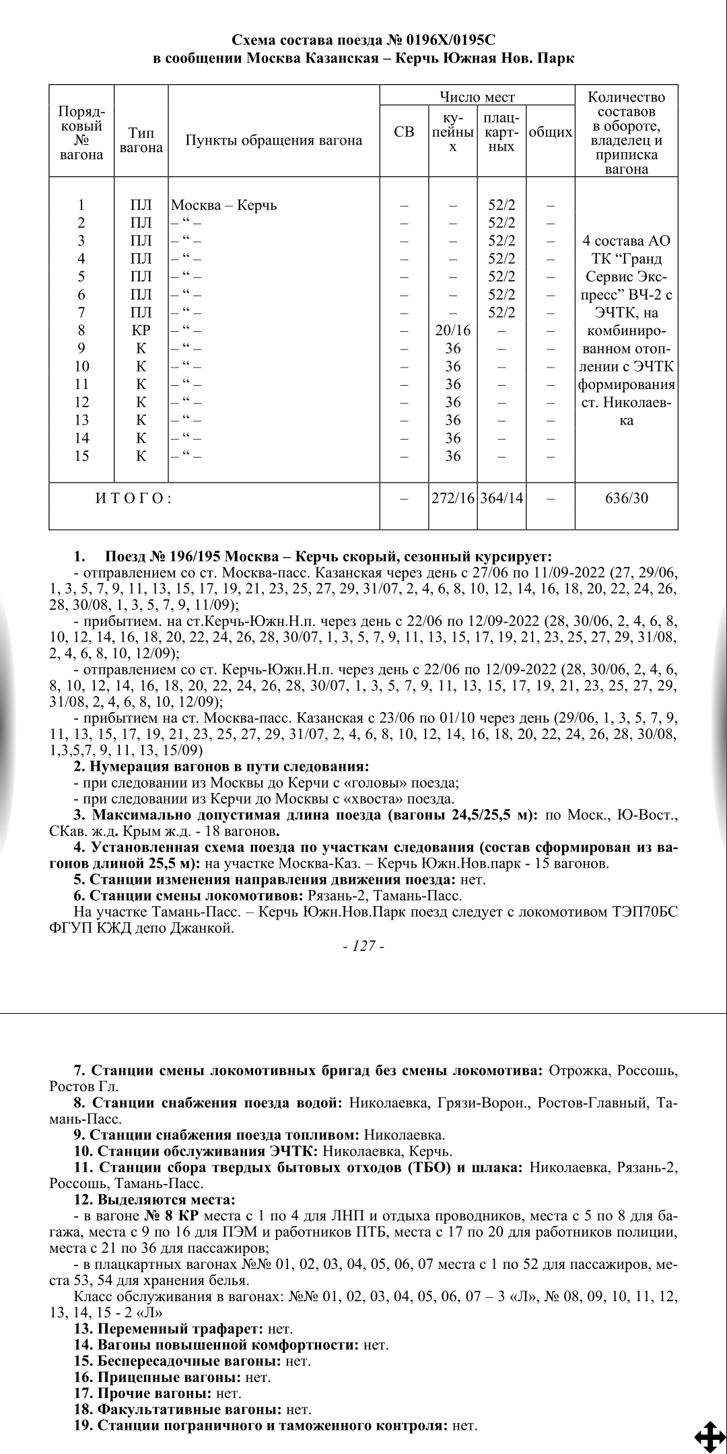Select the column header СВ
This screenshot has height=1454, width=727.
point(404,132)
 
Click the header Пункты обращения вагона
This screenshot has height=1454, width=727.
point(273,140)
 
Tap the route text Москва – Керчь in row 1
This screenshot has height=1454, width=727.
point(224,205)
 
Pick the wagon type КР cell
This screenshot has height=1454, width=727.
point(141,331)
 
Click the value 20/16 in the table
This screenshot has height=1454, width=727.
point(453,331)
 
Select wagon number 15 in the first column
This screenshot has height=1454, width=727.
point(81,456)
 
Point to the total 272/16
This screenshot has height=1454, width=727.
point(453,499)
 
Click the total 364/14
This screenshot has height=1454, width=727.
point(501,499)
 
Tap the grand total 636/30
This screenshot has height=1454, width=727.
point(626,499)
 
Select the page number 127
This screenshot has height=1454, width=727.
point(363,946)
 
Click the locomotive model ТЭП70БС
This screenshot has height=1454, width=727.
point(644,912)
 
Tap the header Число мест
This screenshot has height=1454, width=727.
point(477,98)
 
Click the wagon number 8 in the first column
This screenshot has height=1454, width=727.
point(81,331)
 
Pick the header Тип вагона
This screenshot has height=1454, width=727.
point(141,140)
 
